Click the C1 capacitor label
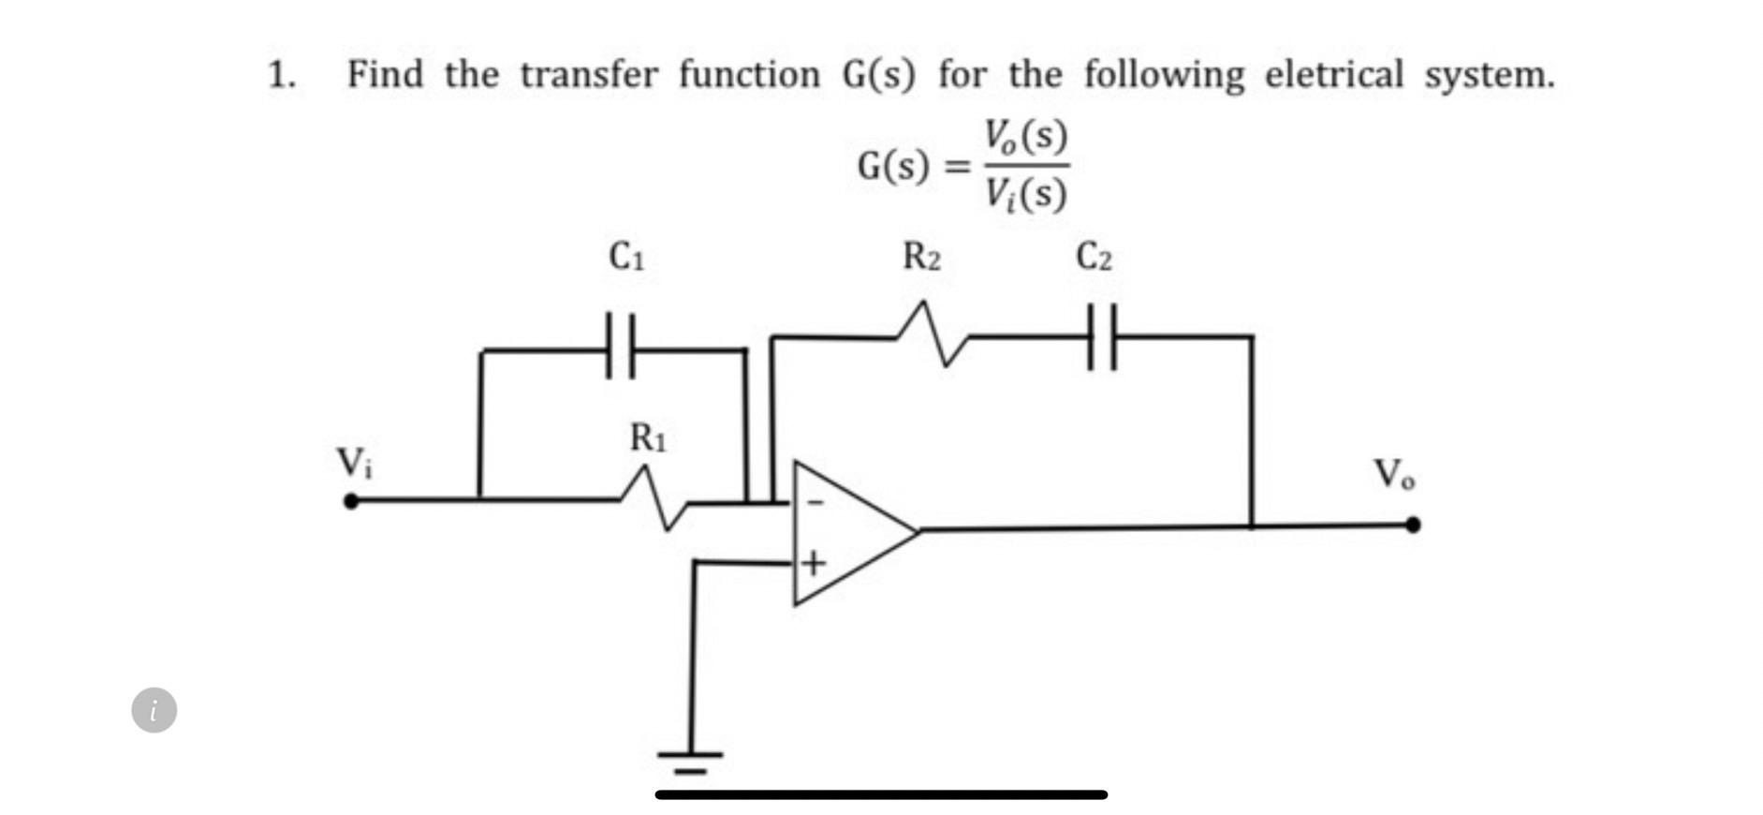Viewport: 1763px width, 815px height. [625, 256]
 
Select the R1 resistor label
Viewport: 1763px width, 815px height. [648, 437]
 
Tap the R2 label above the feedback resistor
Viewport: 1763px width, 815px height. [921, 256]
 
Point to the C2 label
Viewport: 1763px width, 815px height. [1094, 256]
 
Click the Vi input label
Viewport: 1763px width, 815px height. [353, 463]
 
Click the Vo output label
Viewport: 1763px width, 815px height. [1393, 474]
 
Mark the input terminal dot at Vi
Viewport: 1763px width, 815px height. [351, 501]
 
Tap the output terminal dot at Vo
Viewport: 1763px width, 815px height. [1413, 525]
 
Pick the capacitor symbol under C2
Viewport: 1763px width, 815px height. [1103, 336]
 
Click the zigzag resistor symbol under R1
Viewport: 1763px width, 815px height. [654, 499]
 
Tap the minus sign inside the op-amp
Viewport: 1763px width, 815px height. [815, 503]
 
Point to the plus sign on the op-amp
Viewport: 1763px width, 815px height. [814, 563]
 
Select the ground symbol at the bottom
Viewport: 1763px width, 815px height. [690, 760]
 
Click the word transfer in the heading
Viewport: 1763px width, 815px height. [589, 74]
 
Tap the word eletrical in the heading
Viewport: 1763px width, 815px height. [1333, 74]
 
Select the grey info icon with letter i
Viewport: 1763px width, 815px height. [154, 710]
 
